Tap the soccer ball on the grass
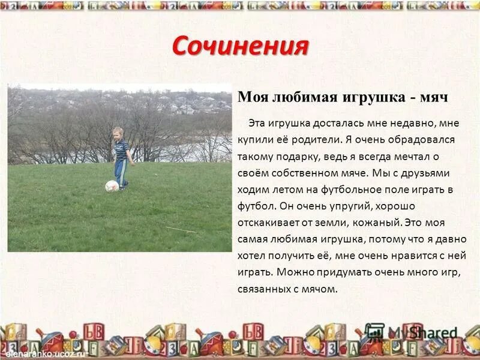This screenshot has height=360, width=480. (x=112, y=186)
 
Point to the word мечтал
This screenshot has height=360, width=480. (x=420, y=156)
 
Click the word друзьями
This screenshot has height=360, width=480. (x=427, y=173)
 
